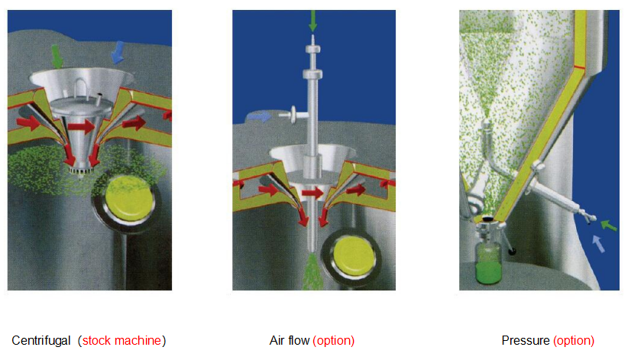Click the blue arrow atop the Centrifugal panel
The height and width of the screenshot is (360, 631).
[x=118, y=53]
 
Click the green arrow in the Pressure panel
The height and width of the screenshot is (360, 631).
[x=608, y=225]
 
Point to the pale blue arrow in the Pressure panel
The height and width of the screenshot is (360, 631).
[x=599, y=244]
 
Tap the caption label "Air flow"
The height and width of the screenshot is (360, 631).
[x=290, y=340]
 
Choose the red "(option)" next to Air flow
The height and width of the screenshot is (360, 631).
[x=334, y=340]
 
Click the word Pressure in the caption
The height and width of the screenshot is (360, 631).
[x=525, y=340]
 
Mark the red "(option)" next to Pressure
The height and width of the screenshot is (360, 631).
[x=573, y=340]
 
